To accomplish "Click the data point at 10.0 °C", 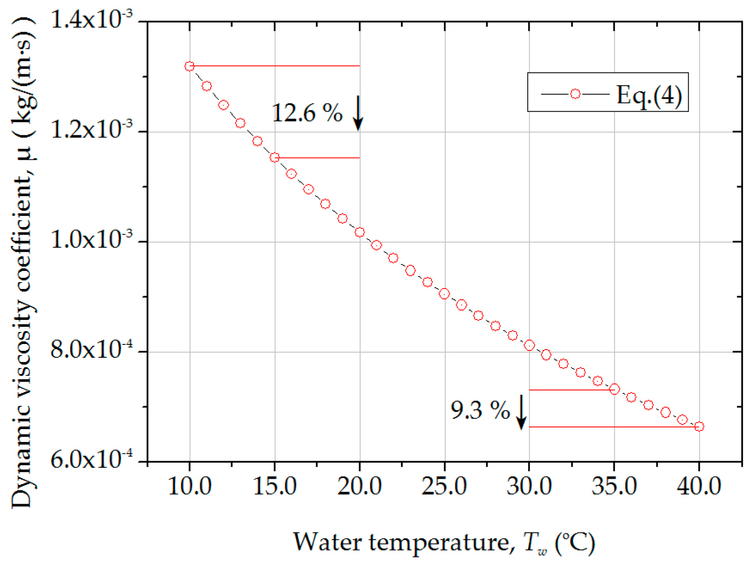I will pos(189,66).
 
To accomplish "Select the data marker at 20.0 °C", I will pos(360,232).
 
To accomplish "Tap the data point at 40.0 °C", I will pos(699,426).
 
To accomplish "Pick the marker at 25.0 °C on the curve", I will pos(444,294).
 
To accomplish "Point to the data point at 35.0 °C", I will pos(614,389).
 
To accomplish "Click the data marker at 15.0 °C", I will pos(274,158).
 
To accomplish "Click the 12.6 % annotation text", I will pos(307,113).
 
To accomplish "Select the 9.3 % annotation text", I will pos(480,410).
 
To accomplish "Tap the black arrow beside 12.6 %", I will pos(358,113).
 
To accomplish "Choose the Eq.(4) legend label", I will pos(649,95).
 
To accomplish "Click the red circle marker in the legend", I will pos(575,94).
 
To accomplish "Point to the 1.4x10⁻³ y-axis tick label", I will pos(91,20).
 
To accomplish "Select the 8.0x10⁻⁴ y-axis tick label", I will pos(91,350).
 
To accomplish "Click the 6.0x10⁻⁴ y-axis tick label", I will pos(91,460).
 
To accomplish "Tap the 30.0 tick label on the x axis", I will pos(529,487).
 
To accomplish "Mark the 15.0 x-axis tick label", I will pos(274,487).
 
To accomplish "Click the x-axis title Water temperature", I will pos(444,542).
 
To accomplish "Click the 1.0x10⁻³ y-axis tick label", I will pos(91,240).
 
